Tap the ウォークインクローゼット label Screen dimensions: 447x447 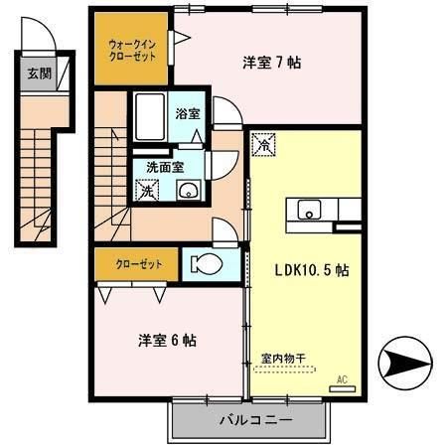click(x=132, y=50)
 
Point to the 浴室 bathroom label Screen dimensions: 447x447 click(x=187, y=114)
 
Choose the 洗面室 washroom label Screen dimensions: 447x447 click(x=164, y=167)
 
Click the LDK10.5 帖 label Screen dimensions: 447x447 click(x=311, y=269)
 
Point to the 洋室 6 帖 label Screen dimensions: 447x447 click(x=167, y=340)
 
